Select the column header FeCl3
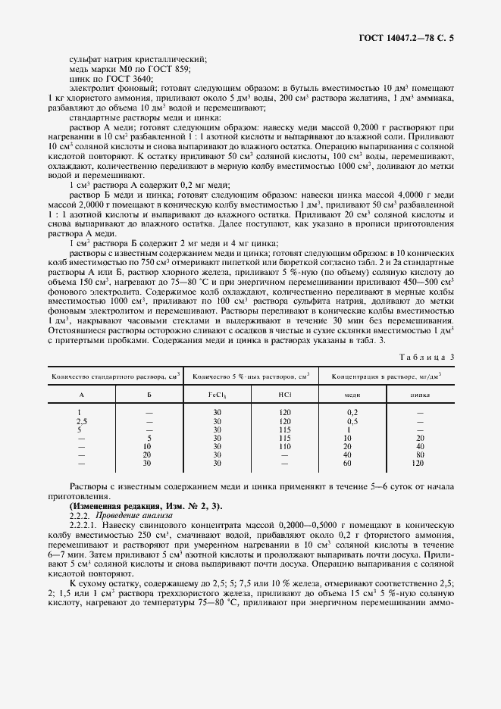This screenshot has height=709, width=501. coord(218,395)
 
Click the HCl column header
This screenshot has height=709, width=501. coord(284,395)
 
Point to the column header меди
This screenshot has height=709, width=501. coord(352,395)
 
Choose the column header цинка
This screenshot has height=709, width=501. coord(420,395)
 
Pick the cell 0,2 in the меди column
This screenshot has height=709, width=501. coord(352,413)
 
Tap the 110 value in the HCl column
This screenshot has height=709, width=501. coord(284,446)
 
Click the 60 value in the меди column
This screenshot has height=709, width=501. coord(348,463)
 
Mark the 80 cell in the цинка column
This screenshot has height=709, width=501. coord(420,454)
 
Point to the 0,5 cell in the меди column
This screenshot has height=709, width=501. coord(352,421)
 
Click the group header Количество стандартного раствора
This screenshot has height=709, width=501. coord(114,376)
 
